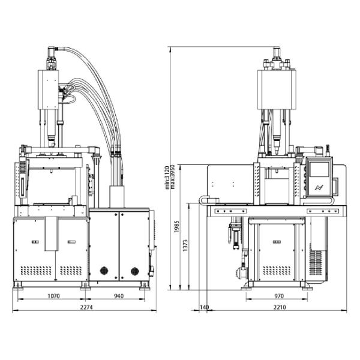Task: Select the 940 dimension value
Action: click(119, 296)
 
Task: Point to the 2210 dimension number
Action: click(276, 307)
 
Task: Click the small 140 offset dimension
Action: click(205, 307)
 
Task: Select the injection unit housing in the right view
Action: click(277, 91)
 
